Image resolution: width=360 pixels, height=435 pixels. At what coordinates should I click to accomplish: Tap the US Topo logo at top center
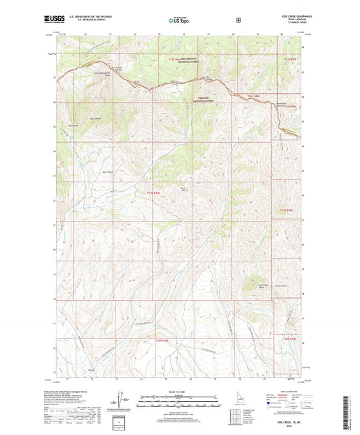click(178, 20)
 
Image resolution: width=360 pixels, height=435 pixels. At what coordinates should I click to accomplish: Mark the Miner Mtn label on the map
click(180, 188)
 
